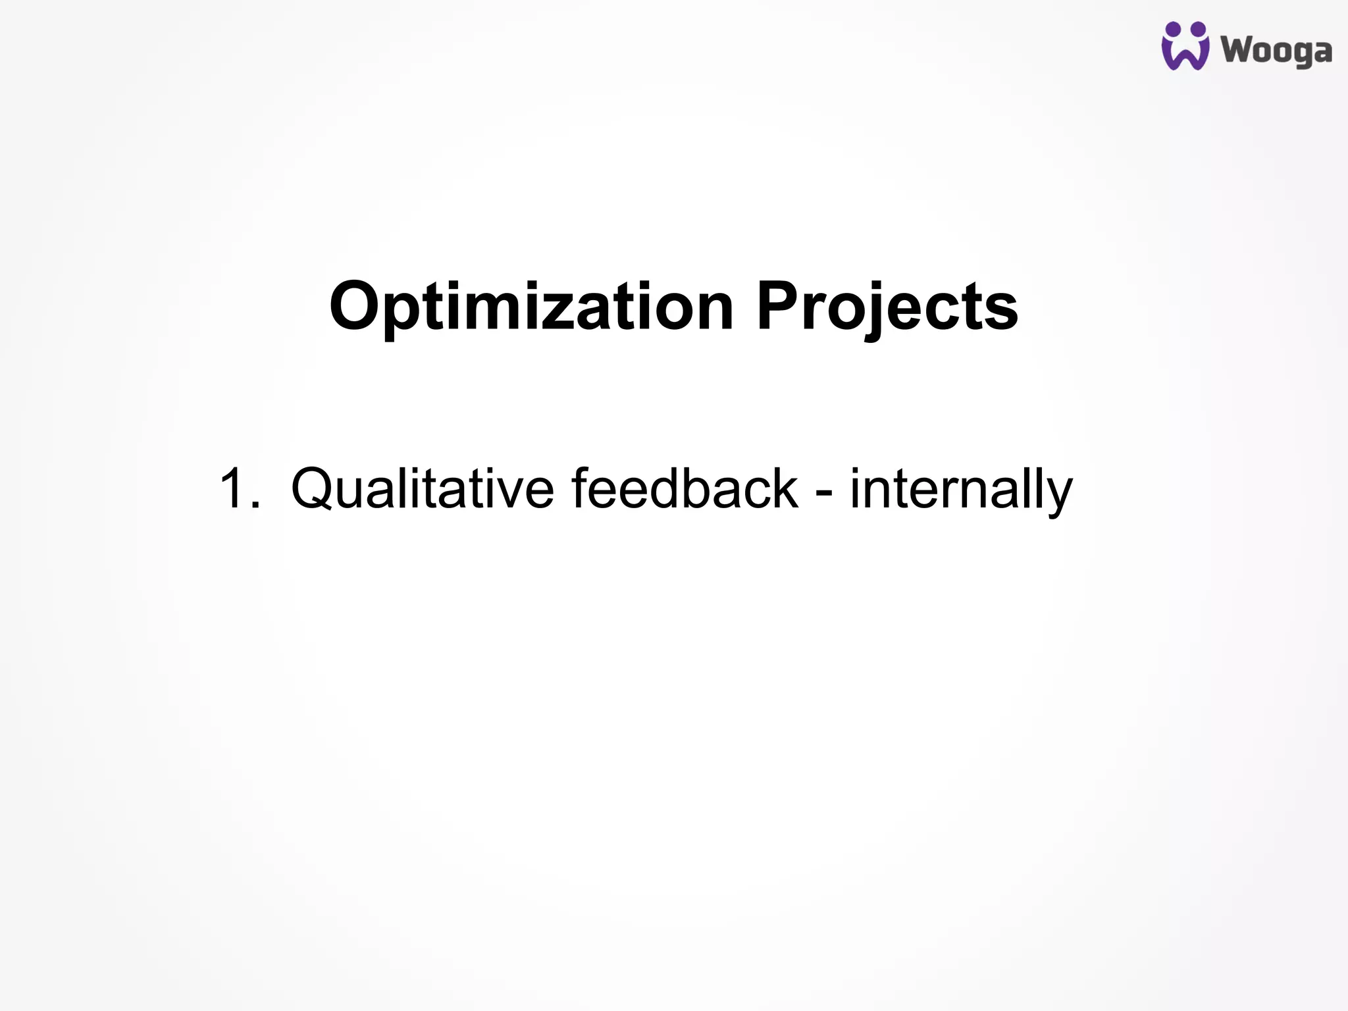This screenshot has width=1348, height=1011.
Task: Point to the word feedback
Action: click(x=685, y=488)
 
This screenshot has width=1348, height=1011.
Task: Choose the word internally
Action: click(x=961, y=488)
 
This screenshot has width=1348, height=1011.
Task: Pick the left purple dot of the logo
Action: click(x=1172, y=30)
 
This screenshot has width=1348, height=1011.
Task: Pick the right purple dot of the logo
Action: click(x=1198, y=30)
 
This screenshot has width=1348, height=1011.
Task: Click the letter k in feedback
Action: click(x=783, y=488)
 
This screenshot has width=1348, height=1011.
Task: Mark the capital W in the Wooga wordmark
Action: click(x=1238, y=50)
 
